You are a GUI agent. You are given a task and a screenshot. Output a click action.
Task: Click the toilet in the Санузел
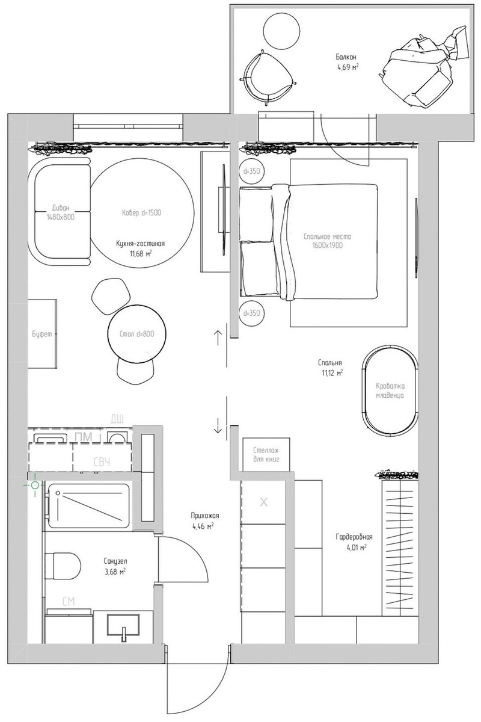click(x=63, y=566)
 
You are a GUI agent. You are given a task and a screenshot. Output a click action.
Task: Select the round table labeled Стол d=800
click(x=138, y=333)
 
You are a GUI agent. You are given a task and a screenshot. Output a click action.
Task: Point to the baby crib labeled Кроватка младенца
click(x=390, y=390)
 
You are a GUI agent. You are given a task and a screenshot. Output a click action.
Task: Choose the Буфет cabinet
click(x=42, y=333)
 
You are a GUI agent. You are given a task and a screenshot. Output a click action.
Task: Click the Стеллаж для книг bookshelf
click(x=266, y=454)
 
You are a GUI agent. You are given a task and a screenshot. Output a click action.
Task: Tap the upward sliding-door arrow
click(x=218, y=338)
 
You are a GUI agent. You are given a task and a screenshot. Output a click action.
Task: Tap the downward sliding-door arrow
click(x=218, y=425)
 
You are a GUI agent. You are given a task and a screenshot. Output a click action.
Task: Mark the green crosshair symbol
click(x=35, y=485)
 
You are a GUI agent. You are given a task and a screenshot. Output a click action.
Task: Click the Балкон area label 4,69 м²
click(x=348, y=67)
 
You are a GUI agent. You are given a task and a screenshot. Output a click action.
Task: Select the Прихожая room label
click(x=205, y=516)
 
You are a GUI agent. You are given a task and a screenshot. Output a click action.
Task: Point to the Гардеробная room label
click(x=354, y=537)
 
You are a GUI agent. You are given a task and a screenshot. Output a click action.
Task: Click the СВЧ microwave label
click(x=102, y=463)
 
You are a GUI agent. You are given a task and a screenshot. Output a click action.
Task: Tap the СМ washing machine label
click(x=69, y=601)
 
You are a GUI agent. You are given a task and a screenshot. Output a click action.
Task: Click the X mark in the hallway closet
click(x=263, y=502)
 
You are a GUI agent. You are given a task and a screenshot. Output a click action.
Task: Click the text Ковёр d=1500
click(x=141, y=213)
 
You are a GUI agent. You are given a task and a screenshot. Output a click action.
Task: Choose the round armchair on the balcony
click(x=267, y=78)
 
